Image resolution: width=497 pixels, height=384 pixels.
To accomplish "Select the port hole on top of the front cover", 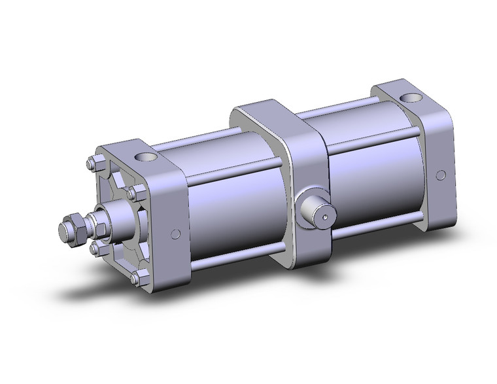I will (143, 157).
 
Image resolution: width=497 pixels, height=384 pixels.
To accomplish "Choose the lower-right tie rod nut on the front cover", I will (135, 279).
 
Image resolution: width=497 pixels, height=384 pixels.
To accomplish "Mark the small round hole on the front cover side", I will (175, 234).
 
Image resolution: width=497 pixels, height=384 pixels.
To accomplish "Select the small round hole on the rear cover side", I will (441, 175).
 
